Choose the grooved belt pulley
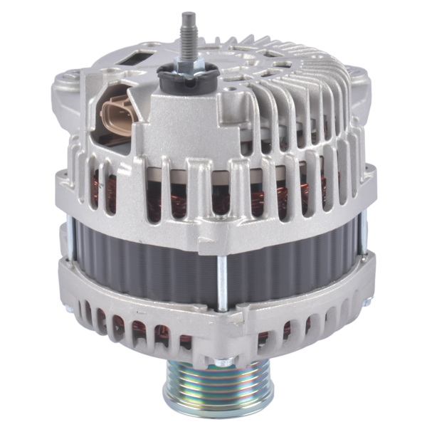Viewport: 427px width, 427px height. [207, 388]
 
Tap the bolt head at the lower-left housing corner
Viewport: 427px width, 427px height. [68, 310]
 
